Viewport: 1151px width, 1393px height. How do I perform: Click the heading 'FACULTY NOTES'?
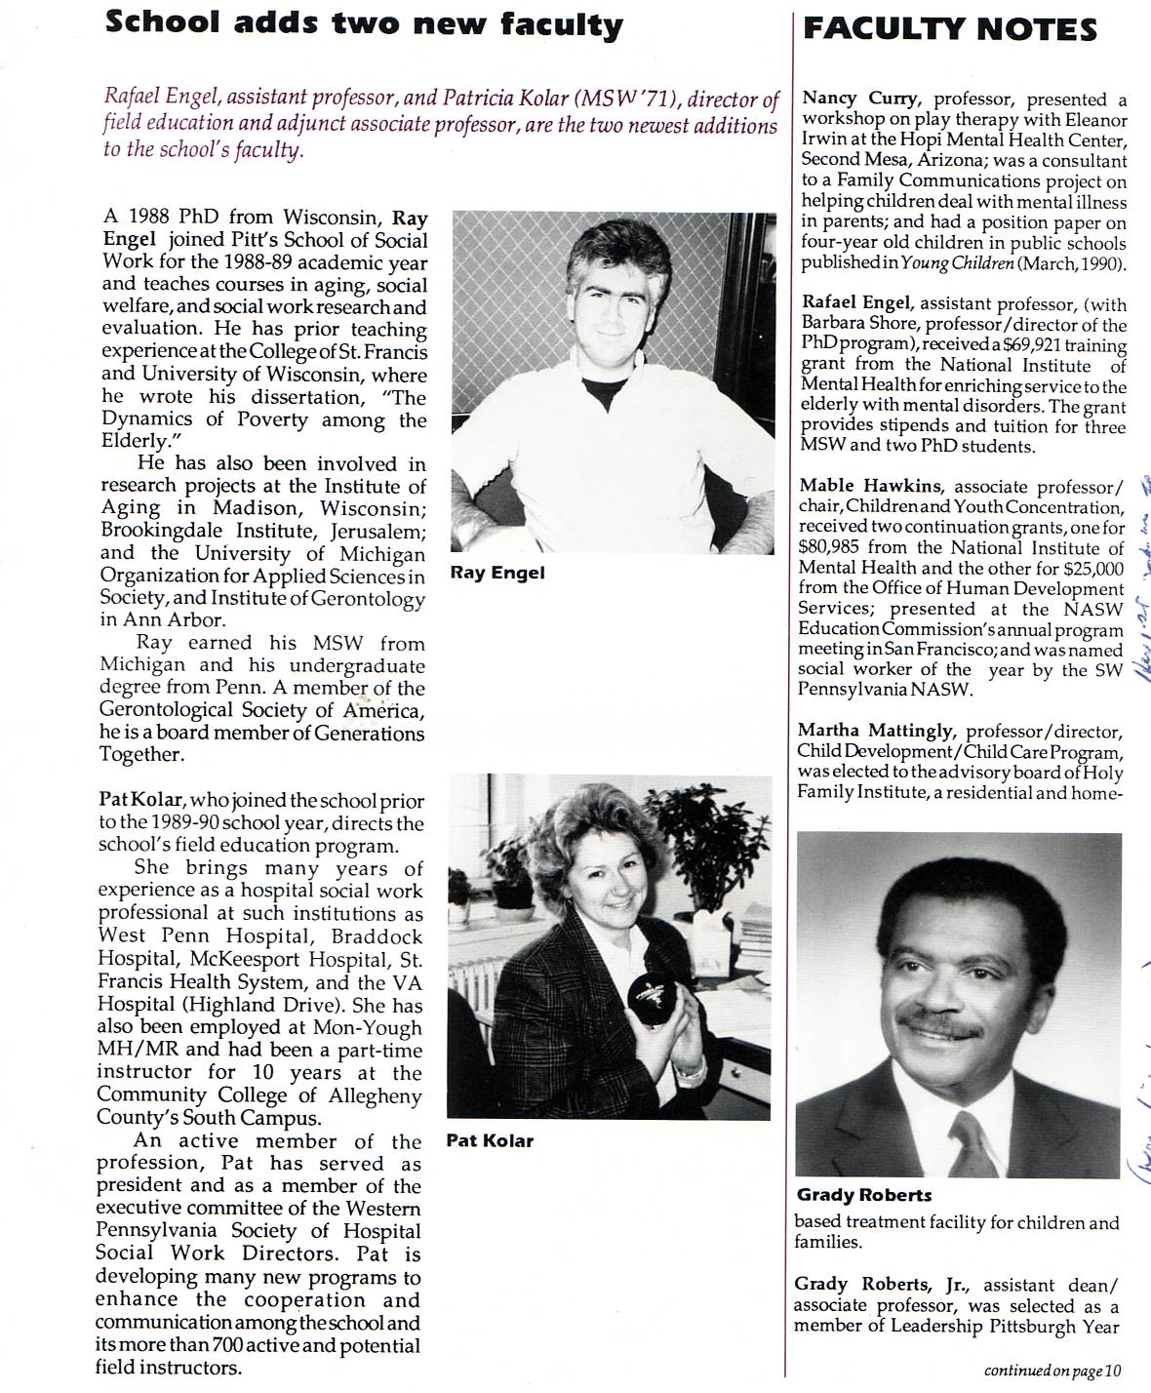949,29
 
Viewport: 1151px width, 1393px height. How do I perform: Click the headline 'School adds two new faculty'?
363,23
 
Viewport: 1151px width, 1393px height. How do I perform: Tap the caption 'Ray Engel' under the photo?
497,573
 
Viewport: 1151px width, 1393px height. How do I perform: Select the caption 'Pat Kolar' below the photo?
490,1140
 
